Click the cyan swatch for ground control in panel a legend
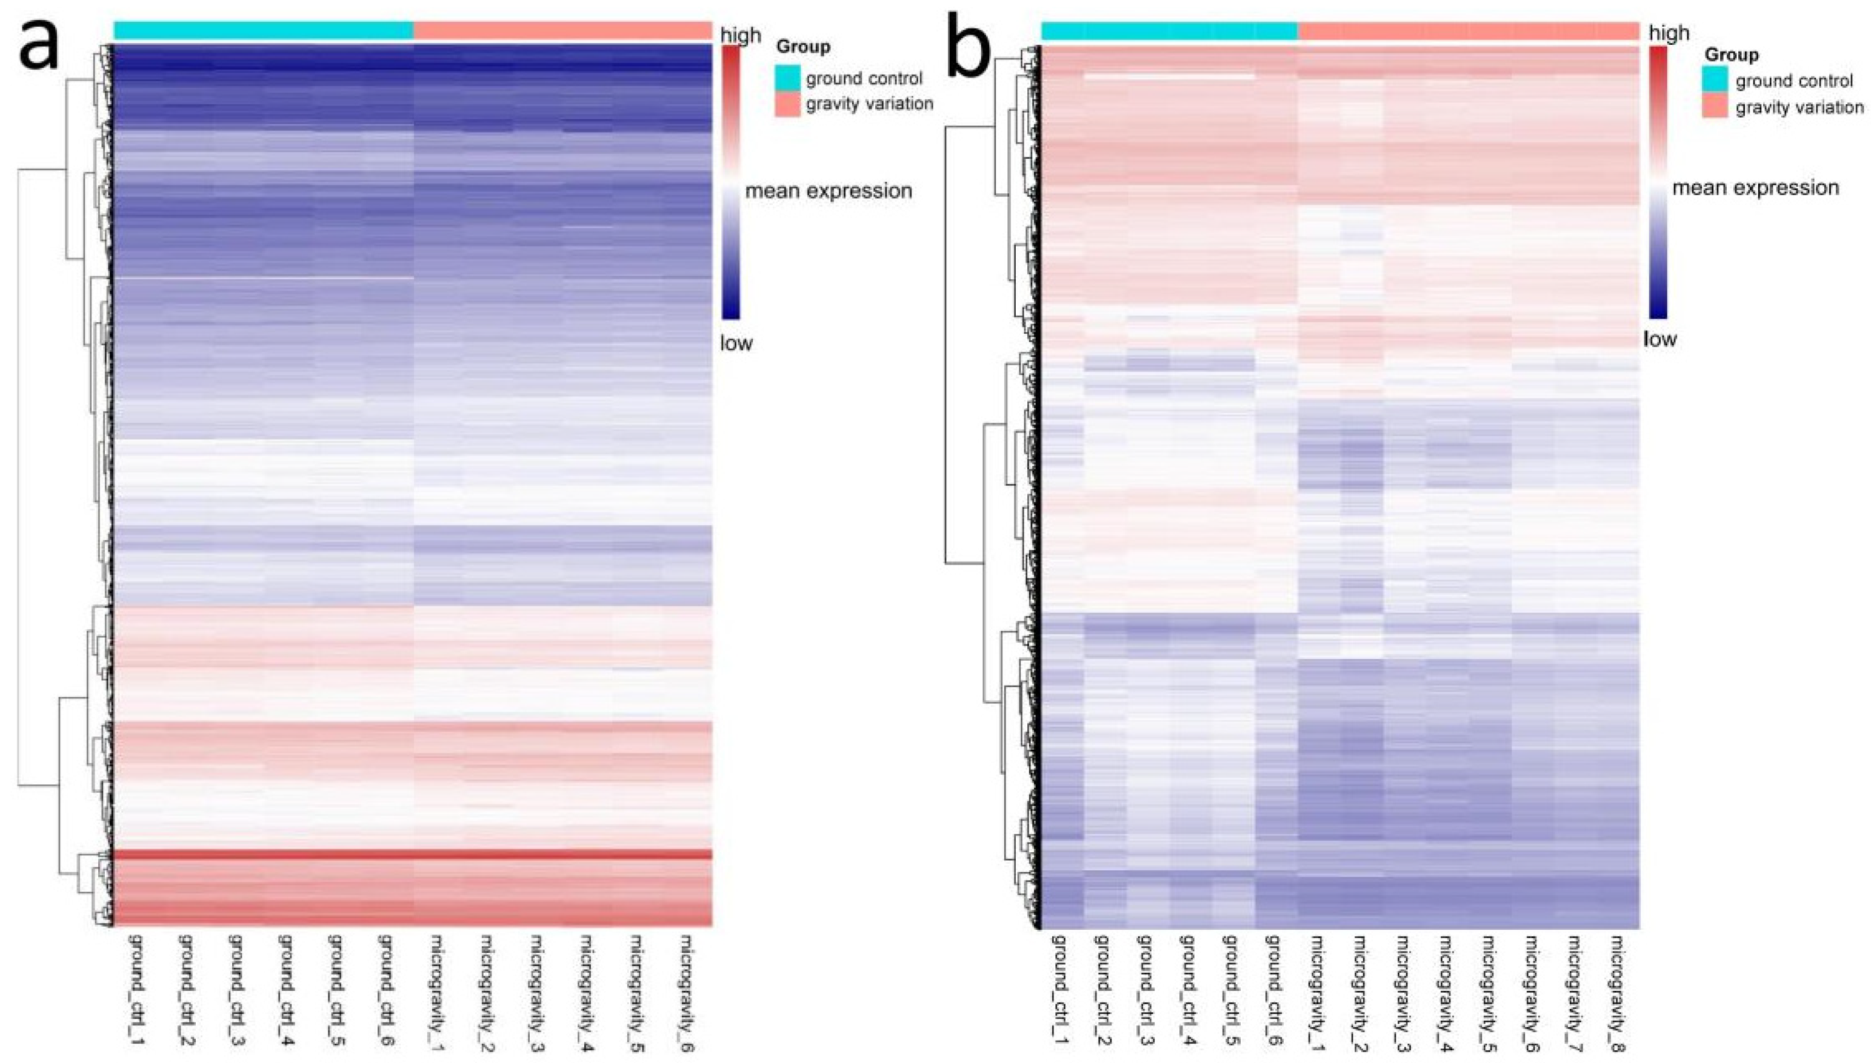[787, 78]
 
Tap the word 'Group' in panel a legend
[803, 47]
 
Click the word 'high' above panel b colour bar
[1669, 33]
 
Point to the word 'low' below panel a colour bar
[736, 343]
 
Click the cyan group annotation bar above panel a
[263, 30]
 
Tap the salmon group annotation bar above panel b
[1469, 31]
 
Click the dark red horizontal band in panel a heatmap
[413, 854]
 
